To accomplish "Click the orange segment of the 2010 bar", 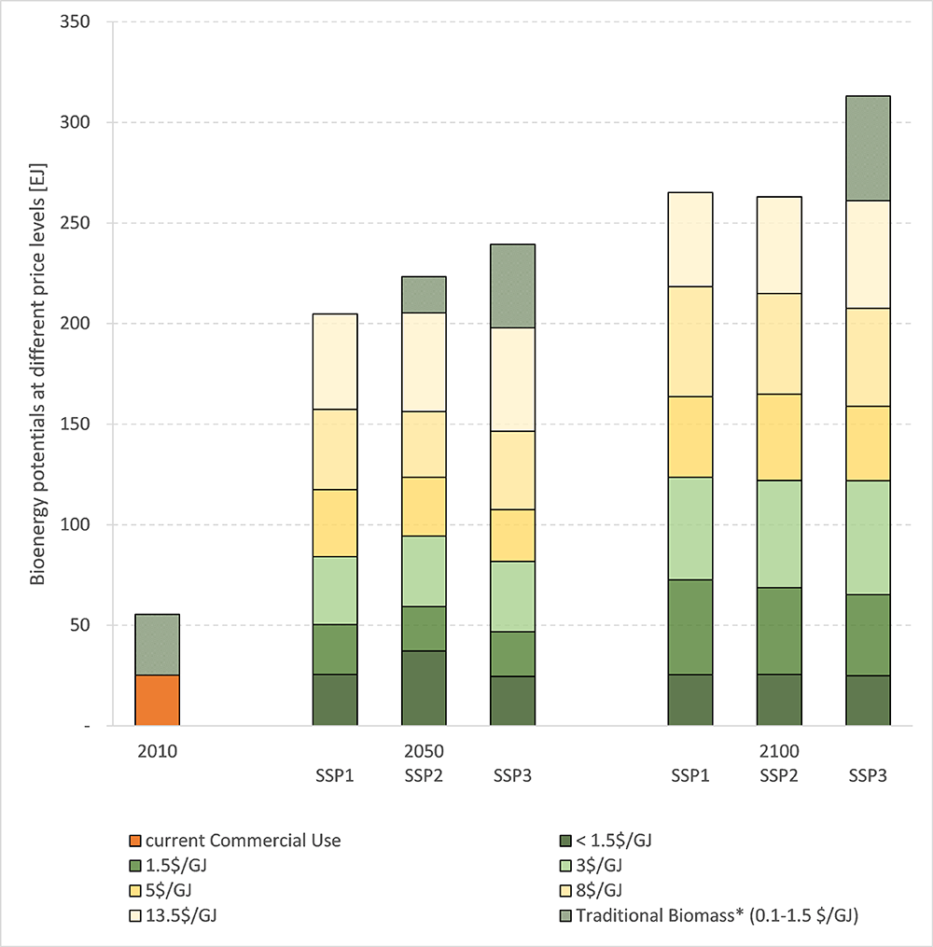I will (x=157, y=700).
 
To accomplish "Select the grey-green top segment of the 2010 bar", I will (x=157, y=645).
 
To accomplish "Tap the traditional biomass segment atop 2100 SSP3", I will (x=868, y=148).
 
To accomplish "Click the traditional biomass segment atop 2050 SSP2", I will (x=424, y=295).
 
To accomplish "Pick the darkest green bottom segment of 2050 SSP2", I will (x=424, y=688).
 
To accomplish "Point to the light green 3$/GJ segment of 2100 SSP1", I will (x=690, y=528).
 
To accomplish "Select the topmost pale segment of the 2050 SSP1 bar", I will (x=335, y=361).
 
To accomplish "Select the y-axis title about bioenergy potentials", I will (x=38, y=373).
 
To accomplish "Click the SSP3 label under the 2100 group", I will (x=868, y=776).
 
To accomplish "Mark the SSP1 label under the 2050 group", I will (x=335, y=776).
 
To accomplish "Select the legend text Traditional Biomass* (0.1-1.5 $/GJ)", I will (x=717, y=916).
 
